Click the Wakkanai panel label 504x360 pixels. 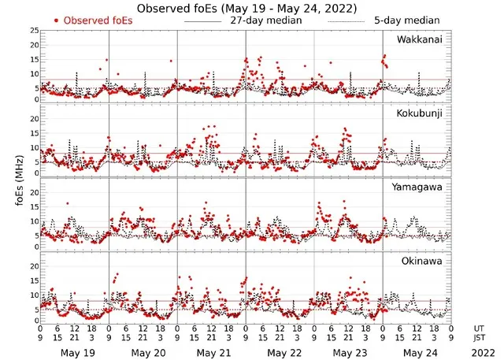[419, 39]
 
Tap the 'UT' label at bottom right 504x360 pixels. [480, 326]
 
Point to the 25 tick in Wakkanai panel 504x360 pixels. [33, 31]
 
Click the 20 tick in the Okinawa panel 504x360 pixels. [33, 266]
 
